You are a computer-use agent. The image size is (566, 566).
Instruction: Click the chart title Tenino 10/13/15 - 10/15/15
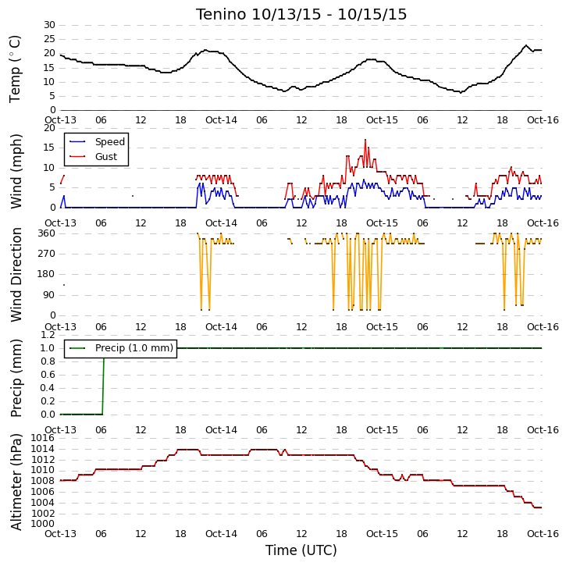coord(301,14)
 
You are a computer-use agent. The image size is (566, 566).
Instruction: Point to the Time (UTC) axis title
coord(301,550)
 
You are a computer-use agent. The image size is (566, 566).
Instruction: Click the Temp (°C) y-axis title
coord(15,69)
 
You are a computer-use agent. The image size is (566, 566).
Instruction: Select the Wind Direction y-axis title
coord(16,275)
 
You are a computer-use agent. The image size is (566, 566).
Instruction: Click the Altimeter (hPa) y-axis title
coord(16,482)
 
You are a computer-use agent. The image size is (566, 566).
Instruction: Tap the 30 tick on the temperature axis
coord(49,25)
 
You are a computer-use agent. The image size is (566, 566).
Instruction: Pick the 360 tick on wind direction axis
coord(47,233)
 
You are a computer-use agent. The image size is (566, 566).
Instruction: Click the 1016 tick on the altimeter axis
coord(43,438)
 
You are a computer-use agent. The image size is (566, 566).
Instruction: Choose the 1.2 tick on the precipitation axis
coord(48,335)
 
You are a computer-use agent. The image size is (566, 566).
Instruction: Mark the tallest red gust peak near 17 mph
coord(365,140)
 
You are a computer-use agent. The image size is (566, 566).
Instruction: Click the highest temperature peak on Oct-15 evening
coord(526,45)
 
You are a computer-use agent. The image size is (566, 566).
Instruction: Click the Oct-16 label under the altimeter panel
coord(543,533)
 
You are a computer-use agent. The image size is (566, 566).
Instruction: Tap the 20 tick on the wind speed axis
coord(49,128)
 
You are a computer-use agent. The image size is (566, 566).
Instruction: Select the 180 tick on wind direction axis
coord(47,274)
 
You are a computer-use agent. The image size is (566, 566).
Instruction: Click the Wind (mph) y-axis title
coord(16,171)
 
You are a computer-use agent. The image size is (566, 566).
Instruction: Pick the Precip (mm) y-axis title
coord(16,378)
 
